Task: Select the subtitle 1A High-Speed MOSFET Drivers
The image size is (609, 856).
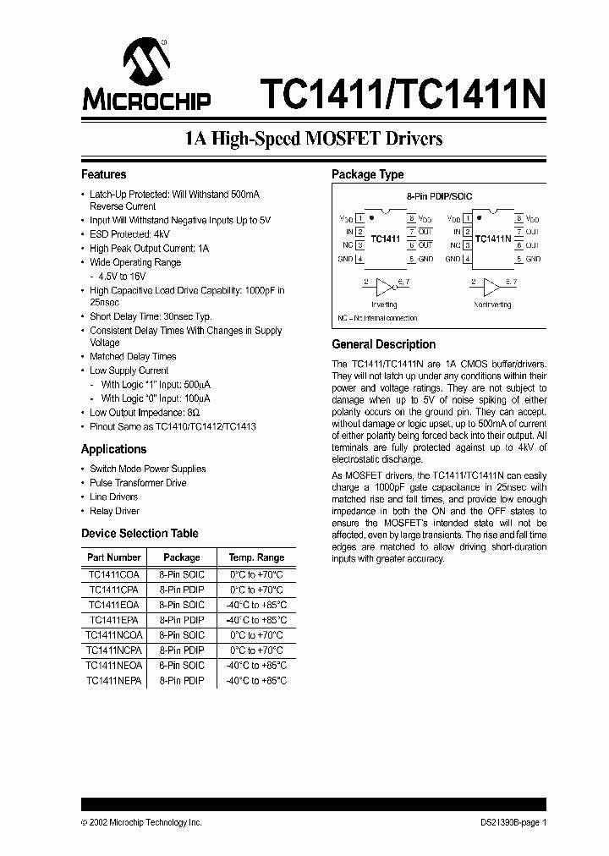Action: click(x=314, y=139)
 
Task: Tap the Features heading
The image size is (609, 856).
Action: click(x=103, y=174)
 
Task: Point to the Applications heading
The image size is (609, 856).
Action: click(x=113, y=449)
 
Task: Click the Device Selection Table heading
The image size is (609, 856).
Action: click(x=140, y=533)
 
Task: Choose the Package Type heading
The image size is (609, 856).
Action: click(x=367, y=174)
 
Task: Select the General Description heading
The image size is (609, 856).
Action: click(x=383, y=344)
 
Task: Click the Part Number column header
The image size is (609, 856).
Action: click(x=114, y=557)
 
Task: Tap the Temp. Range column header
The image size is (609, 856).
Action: click(x=256, y=557)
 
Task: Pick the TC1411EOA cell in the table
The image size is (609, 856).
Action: click(x=114, y=605)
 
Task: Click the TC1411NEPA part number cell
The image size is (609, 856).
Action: click(x=114, y=680)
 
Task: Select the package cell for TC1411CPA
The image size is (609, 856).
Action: click(x=181, y=590)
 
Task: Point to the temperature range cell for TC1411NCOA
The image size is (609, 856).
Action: click(x=256, y=634)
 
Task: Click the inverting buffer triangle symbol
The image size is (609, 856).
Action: click(x=385, y=286)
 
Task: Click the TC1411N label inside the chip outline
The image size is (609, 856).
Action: click(x=492, y=239)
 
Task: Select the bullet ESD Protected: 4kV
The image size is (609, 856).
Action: click(x=129, y=234)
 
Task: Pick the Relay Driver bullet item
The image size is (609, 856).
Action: click(x=114, y=511)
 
